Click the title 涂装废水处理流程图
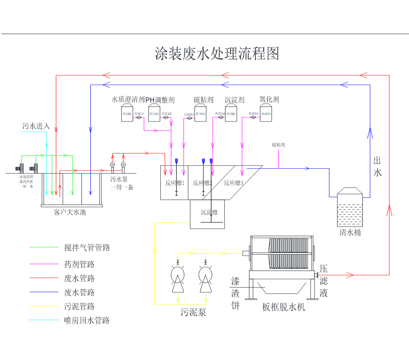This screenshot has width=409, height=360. (217, 54)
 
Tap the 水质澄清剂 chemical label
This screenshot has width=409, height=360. (128, 100)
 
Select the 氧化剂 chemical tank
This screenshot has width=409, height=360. (265, 114)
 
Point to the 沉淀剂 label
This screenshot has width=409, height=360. (234, 100)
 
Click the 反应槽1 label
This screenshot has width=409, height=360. (175, 183)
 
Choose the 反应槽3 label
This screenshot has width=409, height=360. (233, 183)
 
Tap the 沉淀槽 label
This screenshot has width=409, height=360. (209, 212)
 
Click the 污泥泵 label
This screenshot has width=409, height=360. (193, 313)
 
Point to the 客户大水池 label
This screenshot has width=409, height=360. (70, 212)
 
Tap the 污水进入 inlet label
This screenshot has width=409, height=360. (36, 126)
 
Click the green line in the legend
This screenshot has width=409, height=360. (44, 248)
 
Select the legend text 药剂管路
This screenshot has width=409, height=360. (79, 264)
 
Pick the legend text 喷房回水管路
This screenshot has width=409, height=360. (87, 321)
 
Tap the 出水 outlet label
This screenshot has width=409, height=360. (378, 166)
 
